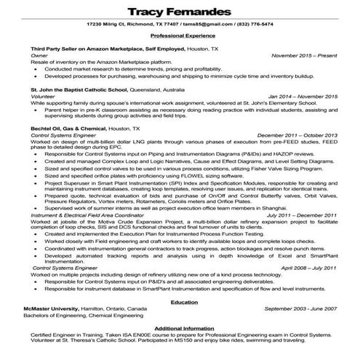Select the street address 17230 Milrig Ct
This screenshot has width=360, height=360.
click(x=107, y=24)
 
